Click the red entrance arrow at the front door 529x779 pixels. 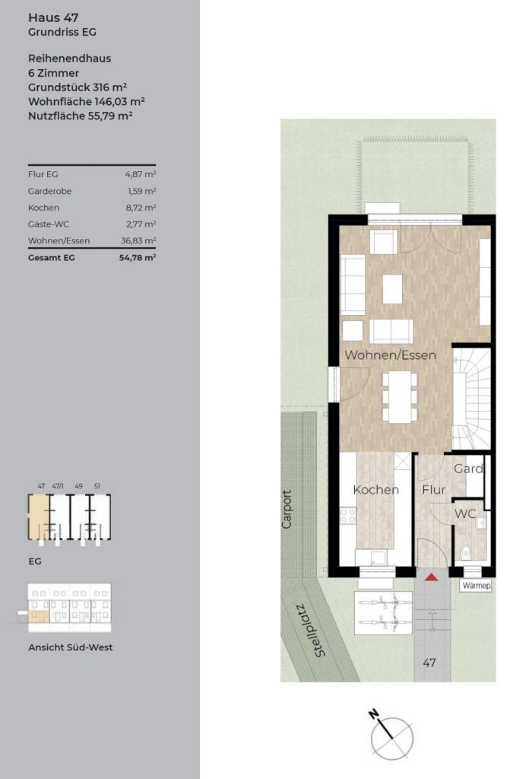[x=431, y=577]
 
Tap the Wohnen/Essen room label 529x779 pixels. [x=390, y=355]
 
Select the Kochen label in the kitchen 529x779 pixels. [x=375, y=490]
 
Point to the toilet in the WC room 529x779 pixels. [x=465, y=552]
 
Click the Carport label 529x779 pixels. [x=287, y=509]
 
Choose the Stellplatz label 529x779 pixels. [x=311, y=630]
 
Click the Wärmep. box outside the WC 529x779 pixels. [x=476, y=586]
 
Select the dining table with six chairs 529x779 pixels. [x=400, y=396]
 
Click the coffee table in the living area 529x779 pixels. [x=392, y=288]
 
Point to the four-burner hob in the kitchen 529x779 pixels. [x=348, y=515]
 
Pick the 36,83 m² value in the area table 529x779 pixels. [x=138, y=240]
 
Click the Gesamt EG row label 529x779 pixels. [x=52, y=257]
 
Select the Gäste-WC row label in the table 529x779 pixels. [x=49, y=224]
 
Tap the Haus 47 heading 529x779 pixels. [x=53, y=17]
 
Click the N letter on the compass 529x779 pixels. [x=374, y=715]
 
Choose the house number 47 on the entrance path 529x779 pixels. [x=429, y=663]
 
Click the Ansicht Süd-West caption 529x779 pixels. [x=71, y=647]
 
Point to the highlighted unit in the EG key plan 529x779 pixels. [x=40, y=517]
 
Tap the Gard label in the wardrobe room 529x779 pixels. [x=468, y=469]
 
